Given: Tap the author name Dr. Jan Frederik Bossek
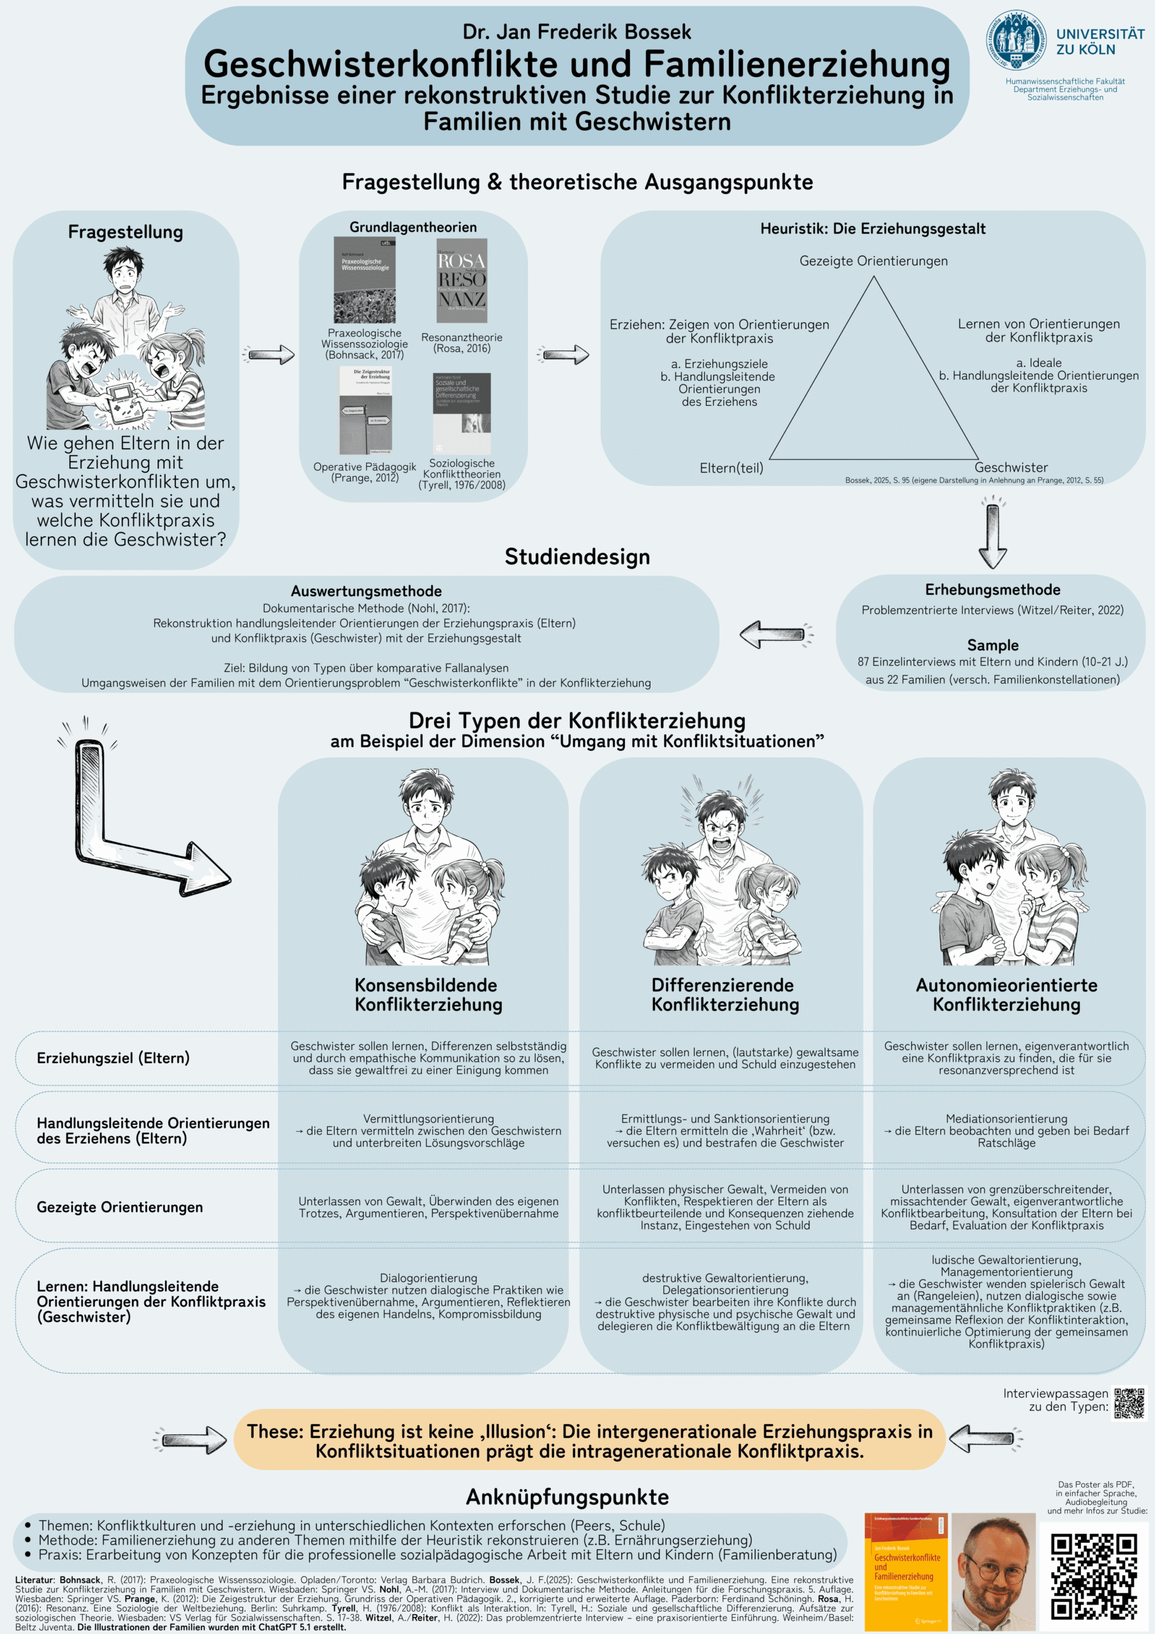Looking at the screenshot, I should [577, 32].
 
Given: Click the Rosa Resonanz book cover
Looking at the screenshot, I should [462, 280].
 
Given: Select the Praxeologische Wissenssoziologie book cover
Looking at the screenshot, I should [364, 280].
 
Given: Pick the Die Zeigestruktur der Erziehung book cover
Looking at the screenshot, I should [365, 410].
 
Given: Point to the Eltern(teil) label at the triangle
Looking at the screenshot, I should [731, 468].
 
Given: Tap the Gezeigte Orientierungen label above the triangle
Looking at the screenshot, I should [873, 261].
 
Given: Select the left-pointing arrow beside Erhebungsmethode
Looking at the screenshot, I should [776, 634].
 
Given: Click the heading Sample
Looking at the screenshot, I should [992, 645].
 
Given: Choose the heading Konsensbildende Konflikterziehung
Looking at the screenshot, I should [428, 995].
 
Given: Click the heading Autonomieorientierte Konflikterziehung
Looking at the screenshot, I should [1006, 995].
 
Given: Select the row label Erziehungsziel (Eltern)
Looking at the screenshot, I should [113, 1058].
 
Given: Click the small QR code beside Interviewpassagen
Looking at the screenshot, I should [1129, 1403].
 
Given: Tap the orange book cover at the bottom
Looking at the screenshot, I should [906, 1571].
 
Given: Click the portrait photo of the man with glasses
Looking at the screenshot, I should [993, 1571].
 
